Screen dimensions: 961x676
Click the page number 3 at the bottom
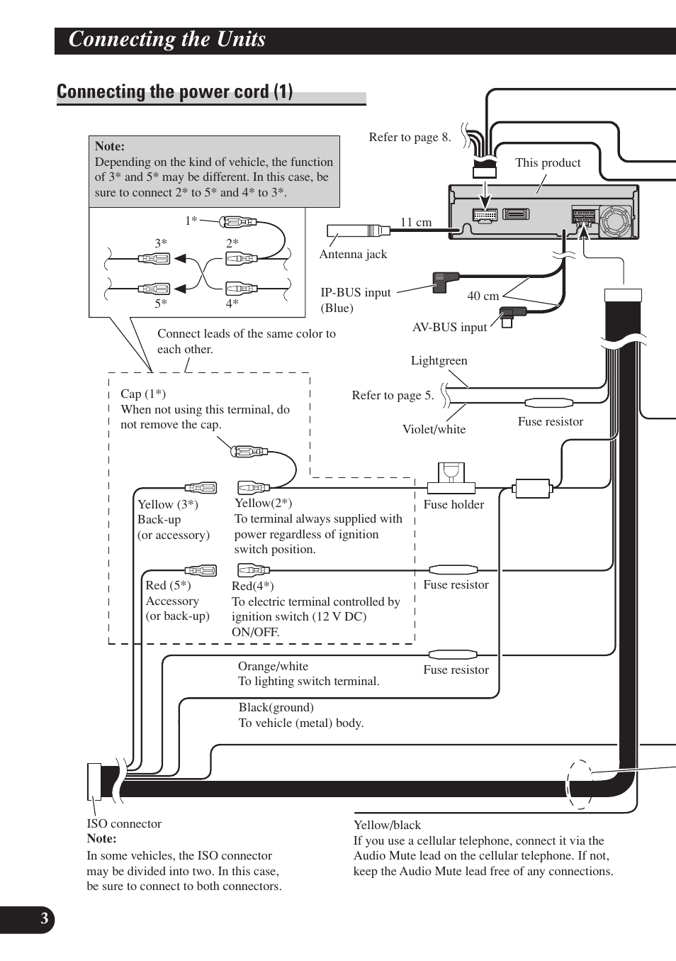[44, 919]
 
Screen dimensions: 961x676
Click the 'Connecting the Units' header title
[167, 40]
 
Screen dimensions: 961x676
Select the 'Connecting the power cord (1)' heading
[174, 92]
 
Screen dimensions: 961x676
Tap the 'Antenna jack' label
[353, 255]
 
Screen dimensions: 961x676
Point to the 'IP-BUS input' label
[355, 293]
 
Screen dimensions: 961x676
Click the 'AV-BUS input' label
[449, 327]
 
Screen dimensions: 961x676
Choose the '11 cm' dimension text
[416, 222]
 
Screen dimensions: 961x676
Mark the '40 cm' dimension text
[483, 296]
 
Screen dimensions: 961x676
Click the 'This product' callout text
[548, 162]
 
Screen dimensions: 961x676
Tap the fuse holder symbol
[451, 478]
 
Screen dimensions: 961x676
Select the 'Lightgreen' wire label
[439, 360]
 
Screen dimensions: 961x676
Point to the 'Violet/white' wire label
[434, 429]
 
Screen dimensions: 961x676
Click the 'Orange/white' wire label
[273, 666]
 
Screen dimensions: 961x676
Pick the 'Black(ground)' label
[276, 707]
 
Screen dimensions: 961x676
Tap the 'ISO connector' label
[124, 823]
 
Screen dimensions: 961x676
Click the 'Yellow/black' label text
[387, 825]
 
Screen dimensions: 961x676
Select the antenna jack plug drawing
[358, 230]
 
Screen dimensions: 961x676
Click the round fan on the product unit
[615, 221]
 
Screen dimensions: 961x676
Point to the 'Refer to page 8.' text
[410, 137]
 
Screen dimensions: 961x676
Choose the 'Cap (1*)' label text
[142, 394]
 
